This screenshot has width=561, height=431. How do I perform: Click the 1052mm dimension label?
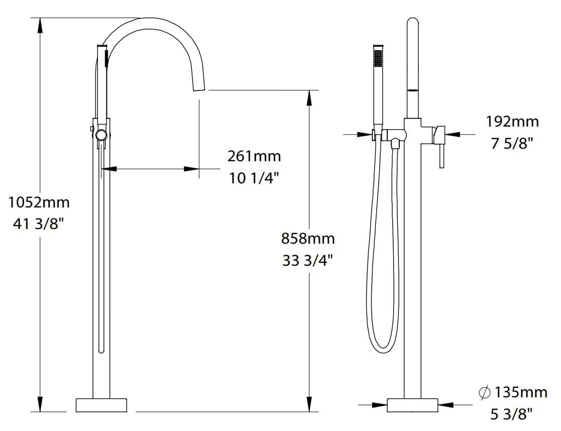tap(39, 203)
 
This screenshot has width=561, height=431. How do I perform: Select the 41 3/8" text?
tap(39, 224)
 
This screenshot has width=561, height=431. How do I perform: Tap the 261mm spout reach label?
tap(254, 156)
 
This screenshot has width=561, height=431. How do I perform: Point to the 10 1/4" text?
tap(254, 177)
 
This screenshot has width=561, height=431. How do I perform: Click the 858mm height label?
tap(307, 239)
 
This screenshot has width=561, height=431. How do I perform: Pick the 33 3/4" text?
tap(307, 261)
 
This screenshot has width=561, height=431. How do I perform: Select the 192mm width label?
tap(512, 121)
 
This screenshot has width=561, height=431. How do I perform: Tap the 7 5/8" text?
tap(512, 143)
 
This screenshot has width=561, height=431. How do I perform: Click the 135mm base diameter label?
tap(520, 392)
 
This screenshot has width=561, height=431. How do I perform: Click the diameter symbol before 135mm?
tap(485, 392)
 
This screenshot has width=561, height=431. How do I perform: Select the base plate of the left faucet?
tap(101, 405)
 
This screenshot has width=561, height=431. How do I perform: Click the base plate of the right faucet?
tap(412, 405)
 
